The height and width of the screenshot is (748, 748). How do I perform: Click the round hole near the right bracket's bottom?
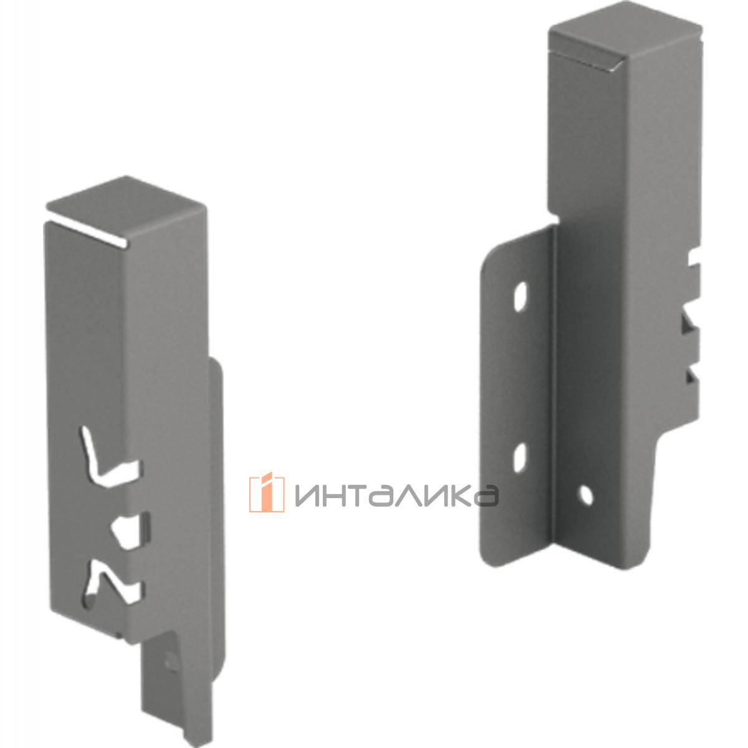point(585,494)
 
